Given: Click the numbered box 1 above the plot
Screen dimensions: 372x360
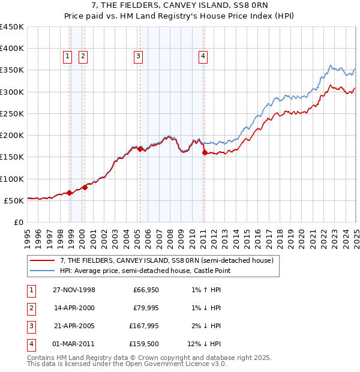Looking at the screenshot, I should pos(67,56).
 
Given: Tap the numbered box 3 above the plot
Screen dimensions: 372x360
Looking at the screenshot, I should pos(139,56).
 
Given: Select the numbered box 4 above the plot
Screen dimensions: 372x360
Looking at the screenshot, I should pos(203,56).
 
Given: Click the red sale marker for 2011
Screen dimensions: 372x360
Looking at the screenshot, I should pos(205,153).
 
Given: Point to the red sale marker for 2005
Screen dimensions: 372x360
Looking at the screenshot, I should pos(140,149).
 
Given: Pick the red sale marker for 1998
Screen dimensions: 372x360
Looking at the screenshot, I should pos(70,193).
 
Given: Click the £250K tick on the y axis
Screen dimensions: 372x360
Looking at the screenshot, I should pos(12,113).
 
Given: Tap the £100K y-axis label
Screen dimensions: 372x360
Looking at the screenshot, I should pos(12,179).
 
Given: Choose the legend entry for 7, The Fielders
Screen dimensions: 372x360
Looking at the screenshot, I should pos(167,260).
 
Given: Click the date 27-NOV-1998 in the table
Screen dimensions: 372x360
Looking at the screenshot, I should pos(74,290).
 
